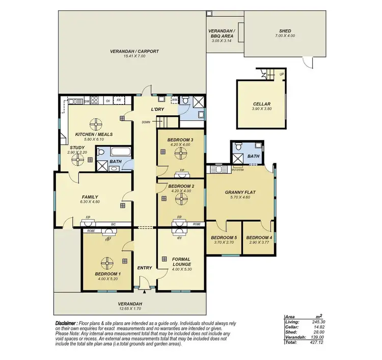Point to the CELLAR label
(x=261, y=104)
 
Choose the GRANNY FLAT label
(x=240, y=192)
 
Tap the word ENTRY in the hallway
(x=145, y=268)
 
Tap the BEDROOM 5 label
(x=224, y=238)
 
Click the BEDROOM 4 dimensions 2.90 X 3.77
(x=259, y=243)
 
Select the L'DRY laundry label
(x=156, y=110)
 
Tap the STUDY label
(x=77, y=148)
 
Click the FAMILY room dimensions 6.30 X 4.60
(x=90, y=202)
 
